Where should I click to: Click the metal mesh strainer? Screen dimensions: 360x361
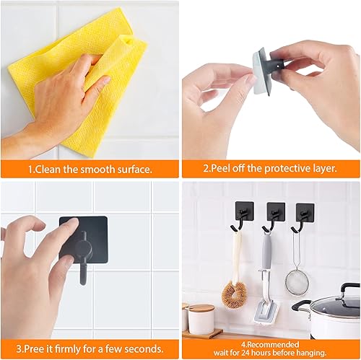297,278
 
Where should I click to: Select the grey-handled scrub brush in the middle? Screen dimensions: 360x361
266,281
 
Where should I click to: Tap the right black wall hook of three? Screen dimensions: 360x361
305,213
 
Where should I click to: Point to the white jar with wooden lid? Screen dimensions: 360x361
201,317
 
